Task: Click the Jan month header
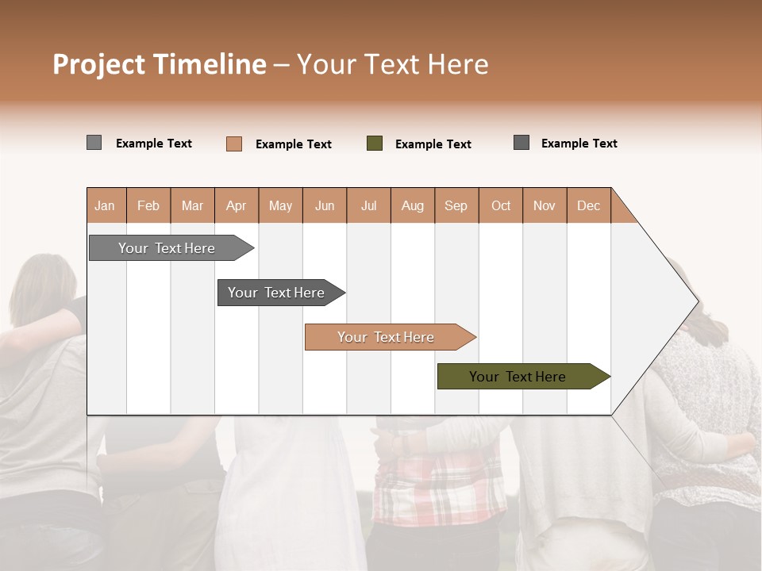[106, 205]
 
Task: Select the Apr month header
[237, 205]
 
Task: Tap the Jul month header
[368, 205]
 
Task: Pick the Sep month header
[456, 205]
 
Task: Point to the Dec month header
[588, 205]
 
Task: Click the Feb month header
[148, 205]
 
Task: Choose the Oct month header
[501, 205]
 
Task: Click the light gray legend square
[94, 143]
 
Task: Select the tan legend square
[233, 144]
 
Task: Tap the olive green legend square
[375, 144]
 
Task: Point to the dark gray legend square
[521, 143]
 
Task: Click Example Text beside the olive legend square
[433, 144]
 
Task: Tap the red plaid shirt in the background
[437, 484]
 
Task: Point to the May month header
[280, 205]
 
